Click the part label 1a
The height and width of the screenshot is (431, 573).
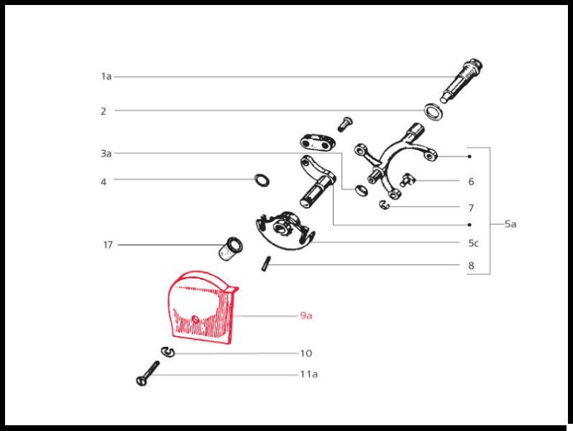tap(106, 76)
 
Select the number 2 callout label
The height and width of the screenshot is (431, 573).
tap(104, 111)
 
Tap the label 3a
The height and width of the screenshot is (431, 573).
tap(106, 154)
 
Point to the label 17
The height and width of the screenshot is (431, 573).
tap(104, 182)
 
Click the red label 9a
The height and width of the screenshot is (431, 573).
tap(306, 315)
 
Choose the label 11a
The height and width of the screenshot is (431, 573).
tap(309, 374)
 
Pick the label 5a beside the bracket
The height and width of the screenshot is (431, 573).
tap(510, 224)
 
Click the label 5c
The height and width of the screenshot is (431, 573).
tap(473, 244)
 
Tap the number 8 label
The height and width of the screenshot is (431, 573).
tap(471, 266)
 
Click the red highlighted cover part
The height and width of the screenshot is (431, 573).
tap(202, 307)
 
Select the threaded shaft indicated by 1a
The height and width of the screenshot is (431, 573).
tap(461, 80)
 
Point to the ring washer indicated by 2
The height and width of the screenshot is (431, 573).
tap(434, 112)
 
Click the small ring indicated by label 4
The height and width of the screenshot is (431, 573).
tap(262, 180)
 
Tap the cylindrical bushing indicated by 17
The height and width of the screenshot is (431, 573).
tap(230, 249)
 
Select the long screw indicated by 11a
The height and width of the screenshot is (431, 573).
tap(147, 374)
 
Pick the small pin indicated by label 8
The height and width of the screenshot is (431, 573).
tap(266, 264)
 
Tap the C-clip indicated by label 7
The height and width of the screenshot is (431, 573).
tap(385, 205)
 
